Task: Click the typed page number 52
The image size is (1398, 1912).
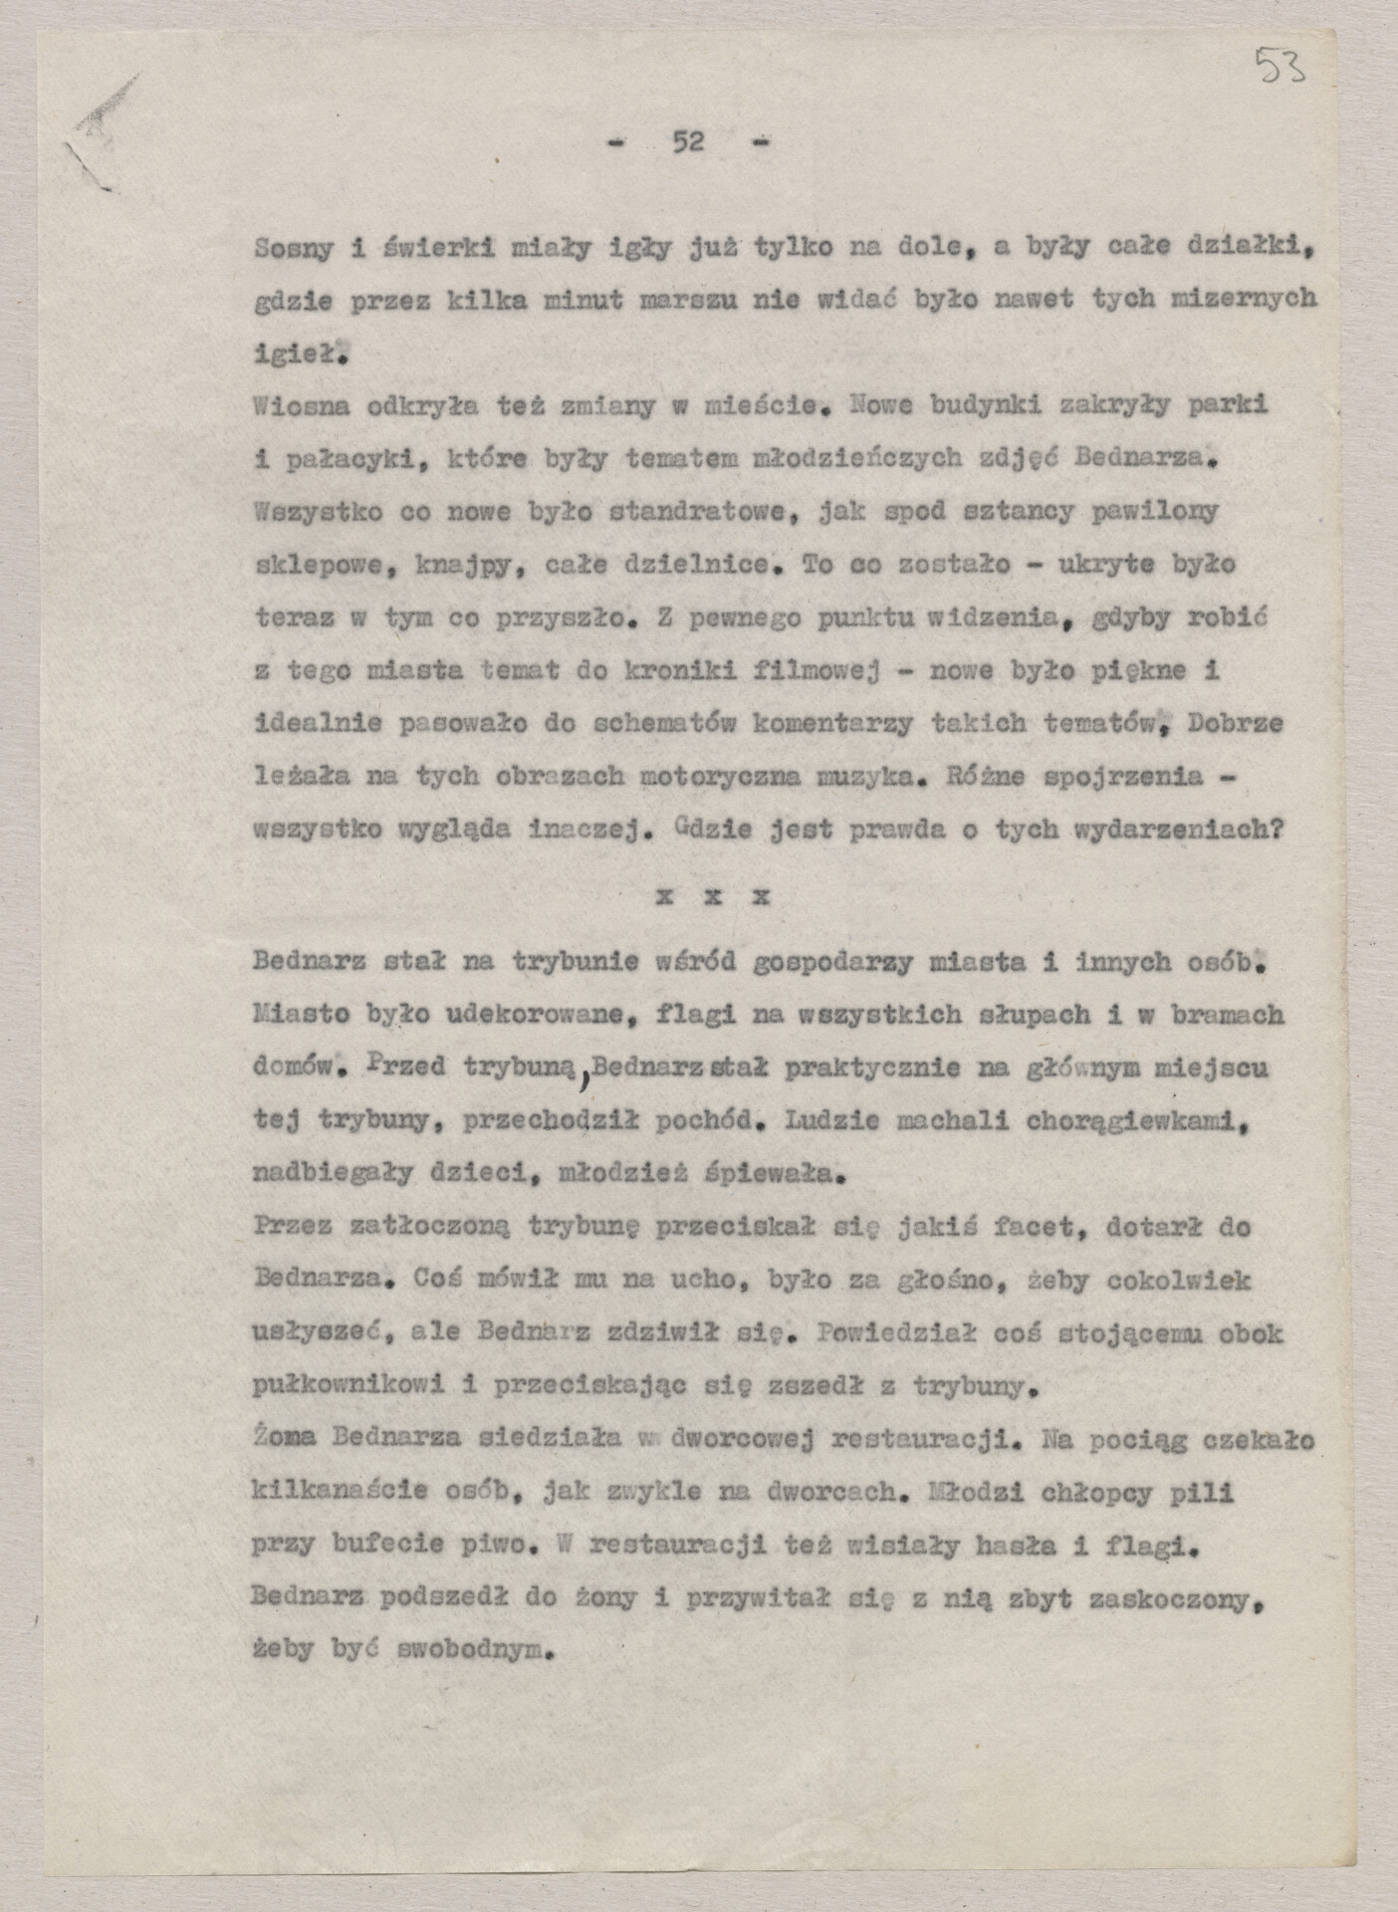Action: coord(688,142)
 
